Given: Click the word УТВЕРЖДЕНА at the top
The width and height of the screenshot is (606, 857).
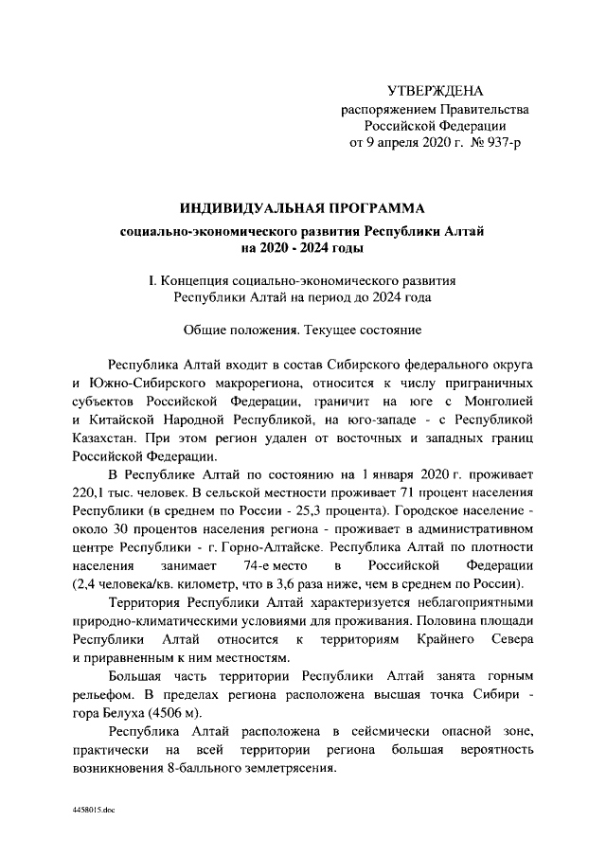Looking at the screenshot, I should click(435, 91).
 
